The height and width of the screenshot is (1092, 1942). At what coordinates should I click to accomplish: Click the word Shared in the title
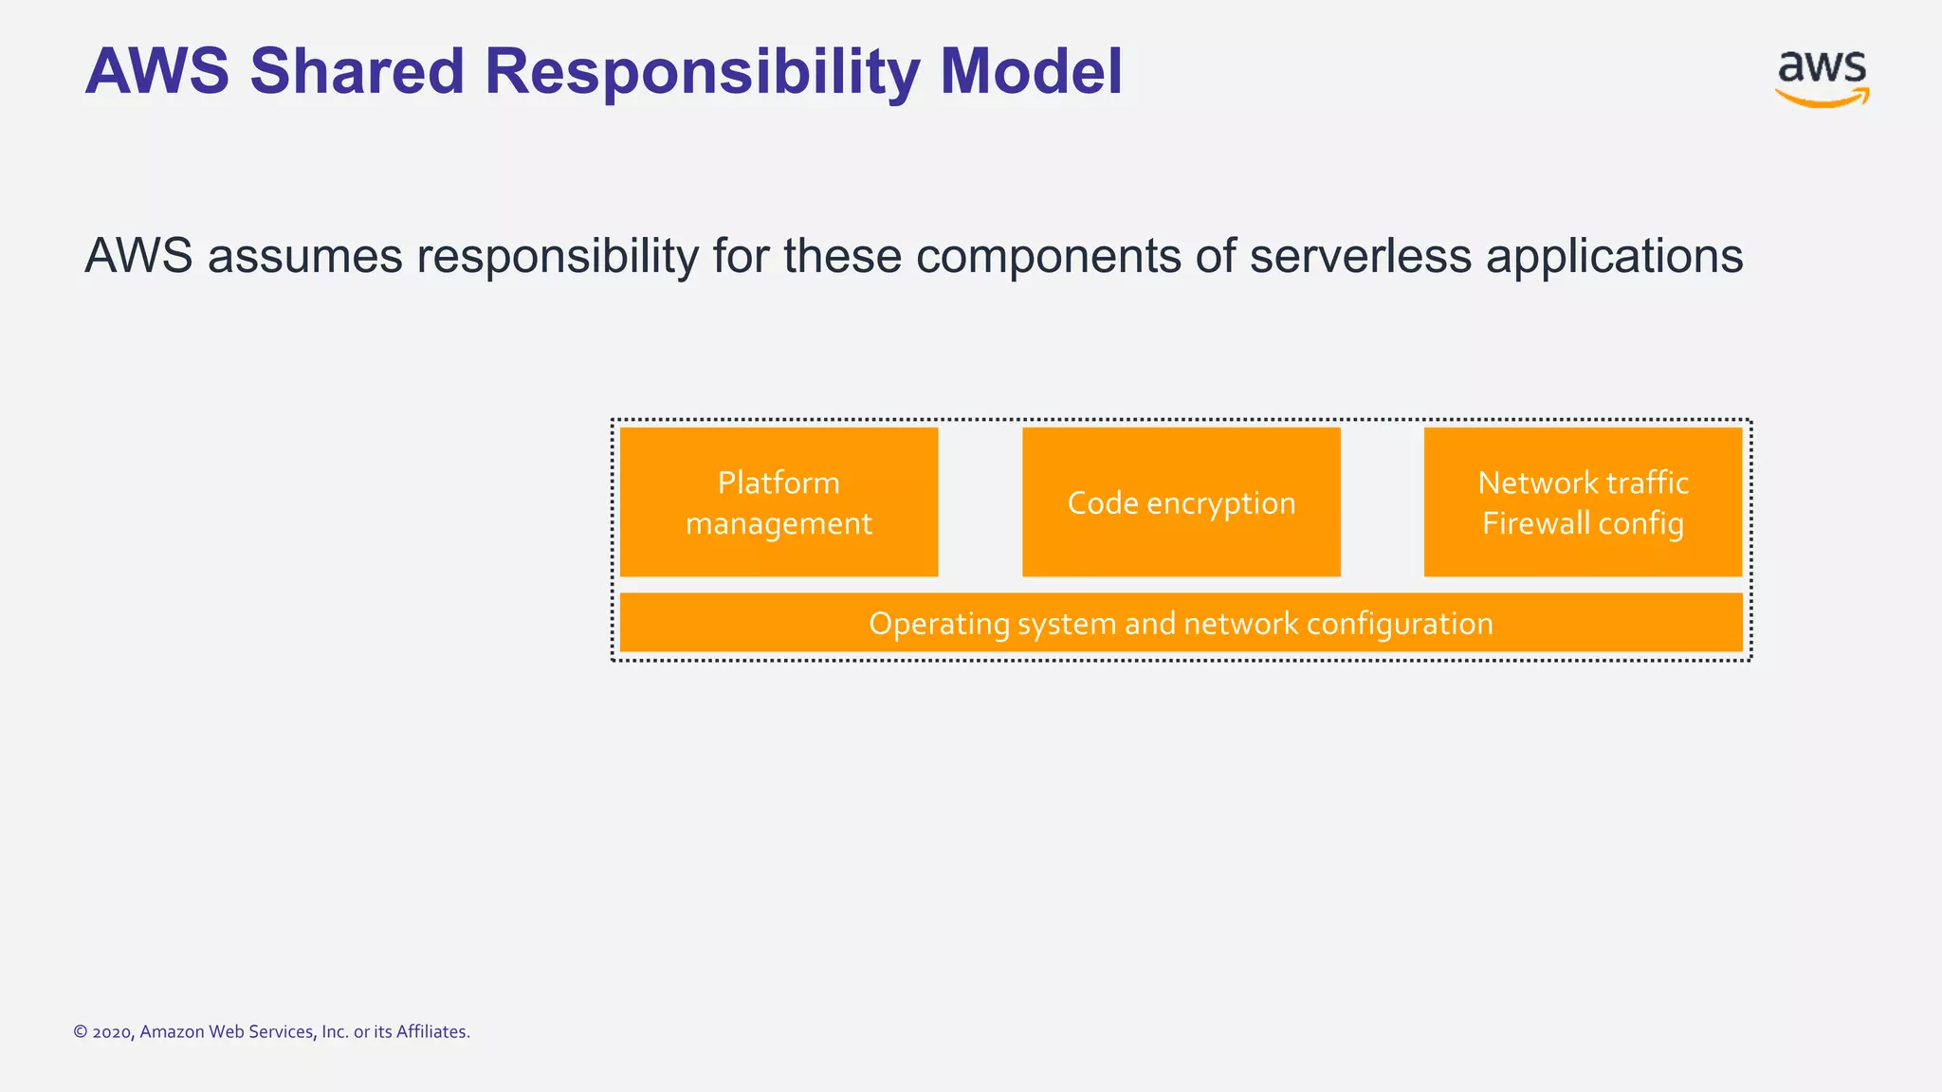(357, 72)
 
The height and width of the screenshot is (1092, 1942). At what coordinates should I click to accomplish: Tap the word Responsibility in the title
(702, 72)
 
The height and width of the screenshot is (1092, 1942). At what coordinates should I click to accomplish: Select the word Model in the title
(1031, 72)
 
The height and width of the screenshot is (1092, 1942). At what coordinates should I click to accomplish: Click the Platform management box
(779, 502)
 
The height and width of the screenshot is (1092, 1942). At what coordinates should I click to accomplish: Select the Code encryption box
(1181, 502)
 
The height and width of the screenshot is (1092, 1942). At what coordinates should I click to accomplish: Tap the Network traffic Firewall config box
(1583, 502)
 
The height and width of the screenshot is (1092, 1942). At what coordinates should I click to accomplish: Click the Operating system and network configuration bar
(1181, 623)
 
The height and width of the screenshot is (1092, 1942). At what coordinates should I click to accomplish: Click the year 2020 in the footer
(112, 1032)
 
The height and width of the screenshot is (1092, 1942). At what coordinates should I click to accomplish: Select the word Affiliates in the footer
(432, 1031)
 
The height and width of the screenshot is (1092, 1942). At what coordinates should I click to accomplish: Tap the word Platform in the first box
(779, 482)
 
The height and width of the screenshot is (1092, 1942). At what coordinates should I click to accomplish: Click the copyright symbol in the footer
(81, 1032)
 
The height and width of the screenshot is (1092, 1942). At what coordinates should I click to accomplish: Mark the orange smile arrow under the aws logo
(1822, 98)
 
